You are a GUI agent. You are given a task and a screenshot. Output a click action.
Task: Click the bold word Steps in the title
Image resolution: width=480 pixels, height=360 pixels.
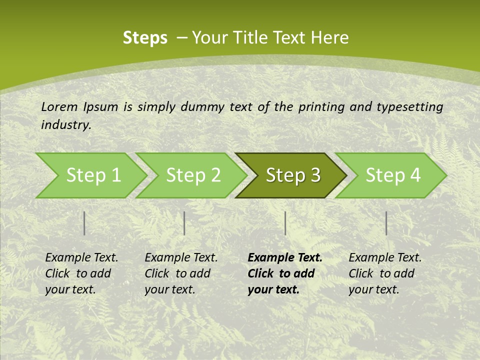[x=145, y=38]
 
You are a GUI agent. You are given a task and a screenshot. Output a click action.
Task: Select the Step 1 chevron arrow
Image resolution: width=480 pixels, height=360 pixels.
[x=90, y=175]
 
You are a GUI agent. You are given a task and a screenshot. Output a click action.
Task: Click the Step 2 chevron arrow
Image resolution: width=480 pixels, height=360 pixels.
[x=192, y=175]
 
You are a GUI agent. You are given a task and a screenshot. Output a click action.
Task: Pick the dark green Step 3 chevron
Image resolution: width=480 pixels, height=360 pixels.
[x=292, y=175]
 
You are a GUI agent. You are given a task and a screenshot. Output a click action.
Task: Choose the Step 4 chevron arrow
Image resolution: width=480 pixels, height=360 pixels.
[x=392, y=175]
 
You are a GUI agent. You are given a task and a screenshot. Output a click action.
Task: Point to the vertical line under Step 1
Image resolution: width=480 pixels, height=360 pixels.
[x=84, y=223]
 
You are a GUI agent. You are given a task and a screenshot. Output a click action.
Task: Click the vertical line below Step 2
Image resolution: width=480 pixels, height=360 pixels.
[x=184, y=223]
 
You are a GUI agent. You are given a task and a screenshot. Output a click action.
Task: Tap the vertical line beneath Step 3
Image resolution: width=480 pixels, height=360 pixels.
[x=285, y=223]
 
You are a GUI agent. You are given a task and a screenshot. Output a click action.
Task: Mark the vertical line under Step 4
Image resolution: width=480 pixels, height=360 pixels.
[x=386, y=223]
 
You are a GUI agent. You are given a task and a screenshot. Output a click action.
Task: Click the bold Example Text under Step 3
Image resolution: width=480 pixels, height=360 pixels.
[x=284, y=273]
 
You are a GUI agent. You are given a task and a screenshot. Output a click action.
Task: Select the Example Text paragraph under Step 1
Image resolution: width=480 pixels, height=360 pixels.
[x=81, y=273]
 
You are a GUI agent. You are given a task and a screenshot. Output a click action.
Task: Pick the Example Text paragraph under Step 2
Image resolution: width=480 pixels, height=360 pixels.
[x=180, y=273]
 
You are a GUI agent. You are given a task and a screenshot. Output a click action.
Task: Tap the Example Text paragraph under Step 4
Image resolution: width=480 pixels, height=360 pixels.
[x=384, y=273]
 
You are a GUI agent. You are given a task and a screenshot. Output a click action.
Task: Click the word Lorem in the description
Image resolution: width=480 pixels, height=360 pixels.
[x=59, y=106]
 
